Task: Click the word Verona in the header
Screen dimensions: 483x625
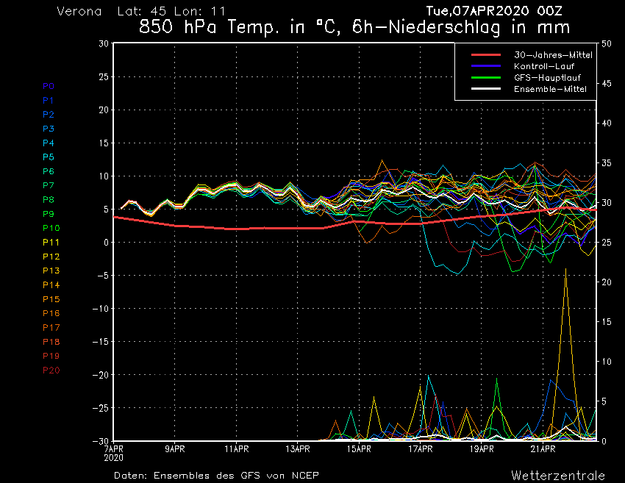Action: pyautogui.click(x=79, y=12)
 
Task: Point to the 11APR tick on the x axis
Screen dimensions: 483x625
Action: pyautogui.click(x=236, y=448)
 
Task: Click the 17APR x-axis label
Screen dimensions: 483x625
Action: pyautogui.click(x=420, y=448)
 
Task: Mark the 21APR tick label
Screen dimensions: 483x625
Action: pyautogui.click(x=542, y=448)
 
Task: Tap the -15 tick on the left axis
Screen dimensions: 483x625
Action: pyautogui.click(x=101, y=342)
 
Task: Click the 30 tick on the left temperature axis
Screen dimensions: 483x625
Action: pyautogui.click(x=104, y=43)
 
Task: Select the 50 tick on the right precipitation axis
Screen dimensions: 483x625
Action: pyautogui.click(x=607, y=43)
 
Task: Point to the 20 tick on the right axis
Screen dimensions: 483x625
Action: pyautogui.click(x=607, y=282)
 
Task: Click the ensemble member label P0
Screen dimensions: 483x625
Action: pyautogui.click(x=49, y=86)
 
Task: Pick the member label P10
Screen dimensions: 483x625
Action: pyautogui.click(x=51, y=228)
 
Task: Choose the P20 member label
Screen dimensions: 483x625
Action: pyautogui.click(x=51, y=370)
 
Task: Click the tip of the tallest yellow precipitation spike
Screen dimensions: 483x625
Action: pyautogui.click(x=565, y=269)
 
